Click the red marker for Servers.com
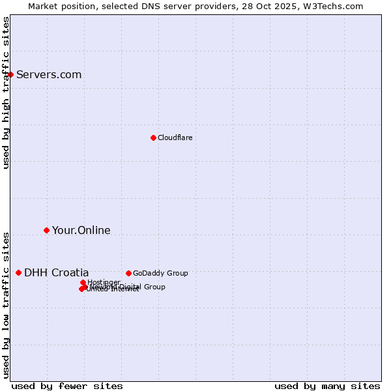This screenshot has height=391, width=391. tap(10, 74)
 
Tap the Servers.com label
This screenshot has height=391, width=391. tap(49, 74)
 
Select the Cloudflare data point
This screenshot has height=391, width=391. tap(153, 138)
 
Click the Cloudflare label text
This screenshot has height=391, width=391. tap(175, 138)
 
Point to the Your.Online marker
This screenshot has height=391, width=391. tap(46, 230)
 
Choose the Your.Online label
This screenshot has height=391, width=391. tap(81, 230)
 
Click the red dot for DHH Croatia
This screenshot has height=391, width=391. tap(18, 272)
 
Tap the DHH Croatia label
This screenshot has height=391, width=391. tap(56, 272)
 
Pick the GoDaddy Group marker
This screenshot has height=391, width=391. tap(128, 273)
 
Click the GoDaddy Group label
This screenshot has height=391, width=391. tap(160, 273)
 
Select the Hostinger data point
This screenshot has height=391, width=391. tap(83, 282)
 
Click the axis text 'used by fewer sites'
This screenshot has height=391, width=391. tap(67, 386)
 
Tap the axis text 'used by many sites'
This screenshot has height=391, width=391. tap(327, 386)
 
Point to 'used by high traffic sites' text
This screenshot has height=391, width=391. tap(6, 93)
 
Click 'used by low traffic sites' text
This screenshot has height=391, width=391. tap(6, 304)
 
